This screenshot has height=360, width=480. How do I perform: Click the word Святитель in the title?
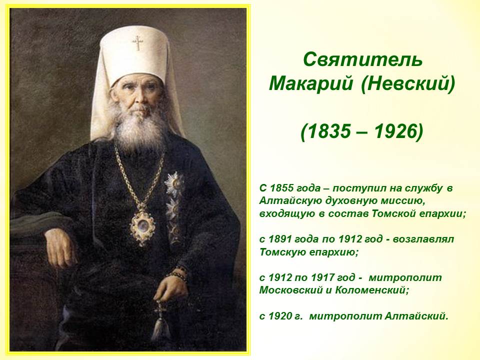pyautogui.click(x=363, y=59)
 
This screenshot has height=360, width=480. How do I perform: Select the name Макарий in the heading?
pyautogui.click(x=310, y=83)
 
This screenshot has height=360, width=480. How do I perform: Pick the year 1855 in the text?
pyautogui.click(x=281, y=188)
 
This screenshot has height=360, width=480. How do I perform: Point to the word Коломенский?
pyautogui.click(x=372, y=290)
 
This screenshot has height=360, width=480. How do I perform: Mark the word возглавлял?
pyautogui.click(x=423, y=239)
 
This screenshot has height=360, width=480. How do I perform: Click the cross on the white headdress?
pyautogui.click(x=138, y=43)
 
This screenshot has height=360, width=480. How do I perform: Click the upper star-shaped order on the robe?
pyautogui.click(x=174, y=184)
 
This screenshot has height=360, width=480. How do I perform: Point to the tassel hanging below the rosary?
pyautogui.click(x=160, y=328)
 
